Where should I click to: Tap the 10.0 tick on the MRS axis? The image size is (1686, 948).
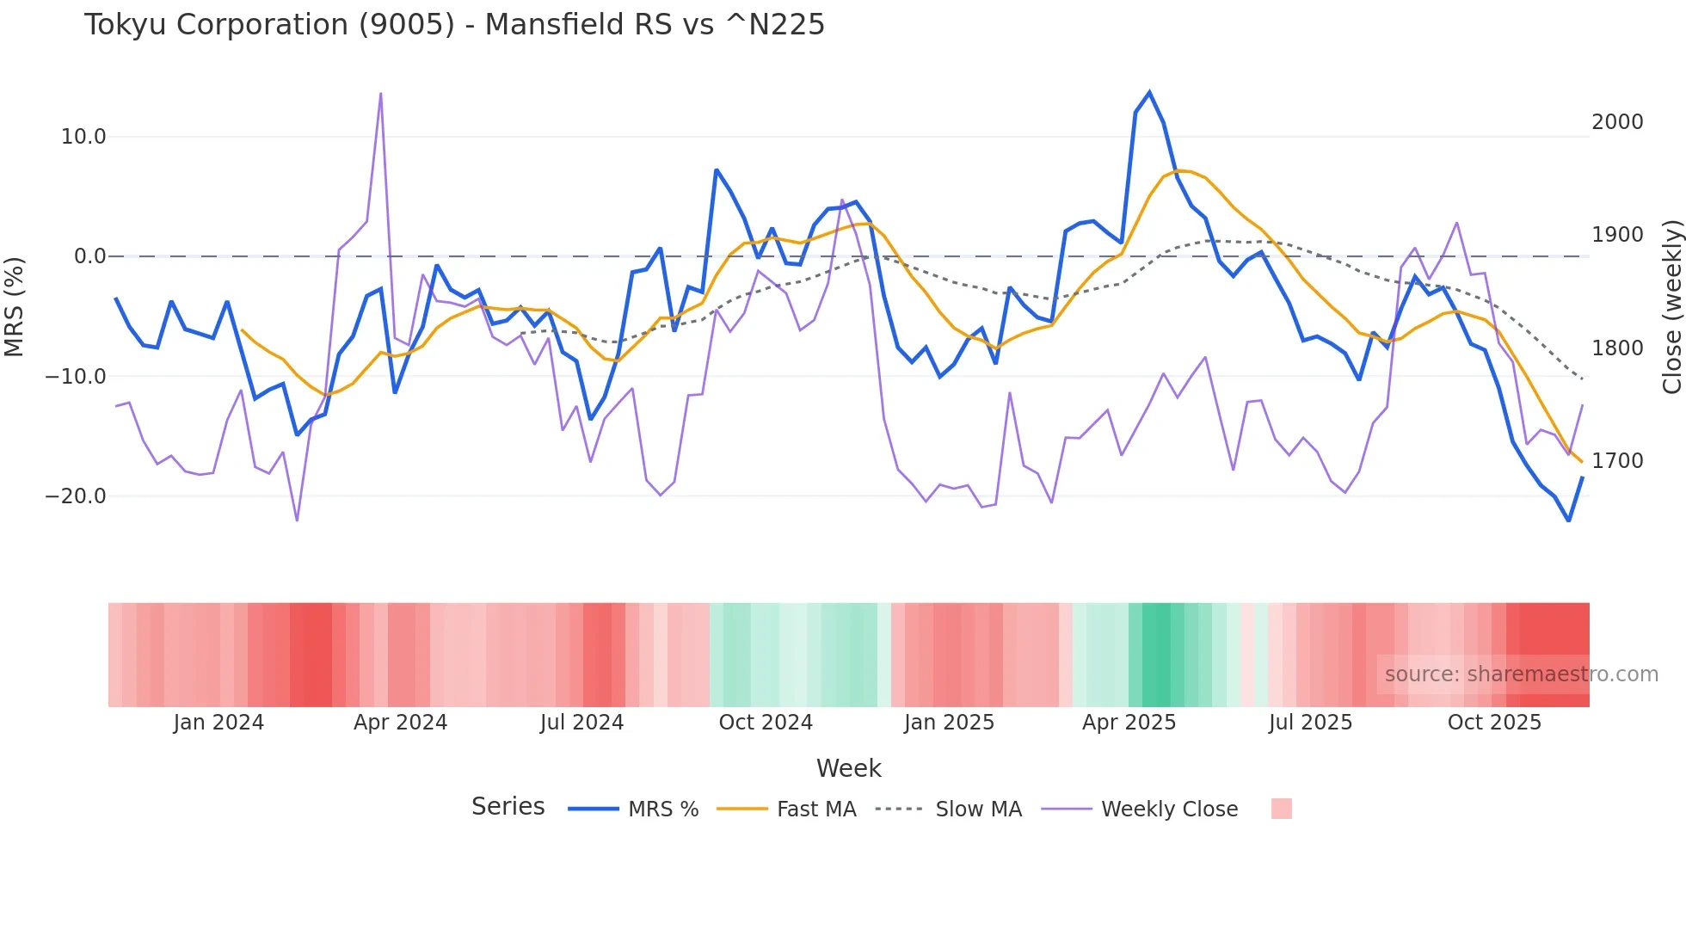(83, 137)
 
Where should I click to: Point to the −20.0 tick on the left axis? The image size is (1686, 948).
(76, 496)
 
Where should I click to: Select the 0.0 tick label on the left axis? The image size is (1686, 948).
(89, 256)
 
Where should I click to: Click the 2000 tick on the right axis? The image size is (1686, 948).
(1617, 122)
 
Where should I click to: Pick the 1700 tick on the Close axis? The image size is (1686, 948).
(1617, 461)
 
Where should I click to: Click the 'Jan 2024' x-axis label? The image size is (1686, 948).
(218, 723)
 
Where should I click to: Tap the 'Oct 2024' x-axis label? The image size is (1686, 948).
(766, 723)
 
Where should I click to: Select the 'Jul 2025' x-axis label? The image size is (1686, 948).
(1310, 723)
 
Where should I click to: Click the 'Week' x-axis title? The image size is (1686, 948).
(848, 768)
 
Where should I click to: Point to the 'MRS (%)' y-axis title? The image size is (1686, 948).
(15, 307)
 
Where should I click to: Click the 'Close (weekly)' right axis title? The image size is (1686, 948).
(1671, 307)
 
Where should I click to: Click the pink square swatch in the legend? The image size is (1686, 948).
(1281, 809)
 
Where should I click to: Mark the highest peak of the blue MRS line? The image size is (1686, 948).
(1149, 92)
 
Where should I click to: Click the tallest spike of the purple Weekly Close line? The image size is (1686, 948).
(380, 94)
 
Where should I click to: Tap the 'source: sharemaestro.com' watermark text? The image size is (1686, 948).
(1521, 674)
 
